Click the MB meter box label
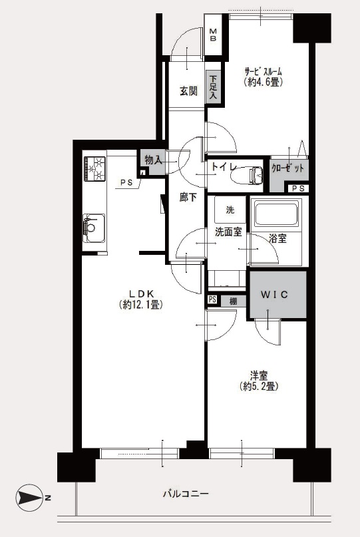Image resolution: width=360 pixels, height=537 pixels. [x=213, y=35]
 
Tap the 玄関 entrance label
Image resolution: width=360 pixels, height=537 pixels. [x=188, y=91]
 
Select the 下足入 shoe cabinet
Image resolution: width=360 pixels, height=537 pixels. [x=214, y=87]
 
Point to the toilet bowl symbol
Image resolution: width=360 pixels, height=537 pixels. [x=247, y=176]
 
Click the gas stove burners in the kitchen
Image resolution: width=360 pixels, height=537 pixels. [x=94, y=168]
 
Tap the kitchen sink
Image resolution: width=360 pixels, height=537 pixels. [x=94, y=228]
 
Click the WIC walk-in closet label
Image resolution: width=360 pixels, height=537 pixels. [x=274, y=294]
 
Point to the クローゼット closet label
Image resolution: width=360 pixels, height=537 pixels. [x=287, y=168]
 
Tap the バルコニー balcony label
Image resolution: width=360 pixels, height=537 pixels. [x=185, y=494]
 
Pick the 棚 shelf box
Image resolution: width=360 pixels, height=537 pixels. [x=234, y=301]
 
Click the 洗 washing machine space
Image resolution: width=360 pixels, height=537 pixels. [x=230, y=210]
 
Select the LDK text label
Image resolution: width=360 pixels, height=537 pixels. [x=142, y=293]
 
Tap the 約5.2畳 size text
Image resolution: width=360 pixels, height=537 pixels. [x=259, y=387]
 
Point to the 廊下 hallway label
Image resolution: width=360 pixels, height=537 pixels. [x=188, y=197]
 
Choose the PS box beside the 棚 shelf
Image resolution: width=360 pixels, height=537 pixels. [x=212, y=299]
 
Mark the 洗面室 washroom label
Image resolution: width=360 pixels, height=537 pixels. [x=228, y=232]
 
